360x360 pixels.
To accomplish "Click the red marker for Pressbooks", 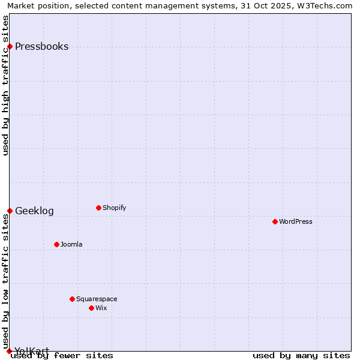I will [x=10, y=47].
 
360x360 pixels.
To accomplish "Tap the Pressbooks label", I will [x=41, y=47].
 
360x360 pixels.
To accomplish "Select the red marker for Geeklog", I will [x=10, y=211].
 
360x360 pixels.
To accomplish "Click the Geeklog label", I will [x=34, y=211].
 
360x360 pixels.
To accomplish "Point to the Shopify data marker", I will [x=98, y=208].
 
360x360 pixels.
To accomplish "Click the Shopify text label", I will [x=114, y=208].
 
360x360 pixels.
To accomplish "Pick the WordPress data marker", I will [x=275, y=222].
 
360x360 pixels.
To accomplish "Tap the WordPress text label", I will [x=295, y=222].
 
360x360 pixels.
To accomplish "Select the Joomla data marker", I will [x=56, y=245].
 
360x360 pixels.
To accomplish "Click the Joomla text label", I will [x=71, y=245].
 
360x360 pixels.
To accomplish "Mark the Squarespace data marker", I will [x=72, y=299].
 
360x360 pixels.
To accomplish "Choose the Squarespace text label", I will [x=97, y=299].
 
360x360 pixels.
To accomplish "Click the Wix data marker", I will [x=91, y=308].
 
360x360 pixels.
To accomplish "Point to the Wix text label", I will [x=101, y=308].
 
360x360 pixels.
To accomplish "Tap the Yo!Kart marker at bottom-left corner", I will [x=9, y=351].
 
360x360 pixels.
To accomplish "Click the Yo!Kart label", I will [x=32, y=350].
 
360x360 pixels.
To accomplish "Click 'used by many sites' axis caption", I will [x=301, y=356].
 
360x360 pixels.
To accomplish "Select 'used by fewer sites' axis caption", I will [x=62, y=356].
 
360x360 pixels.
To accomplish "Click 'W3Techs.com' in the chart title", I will [x=328, y=5].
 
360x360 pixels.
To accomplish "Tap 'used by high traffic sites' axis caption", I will [x=5, y=85].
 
